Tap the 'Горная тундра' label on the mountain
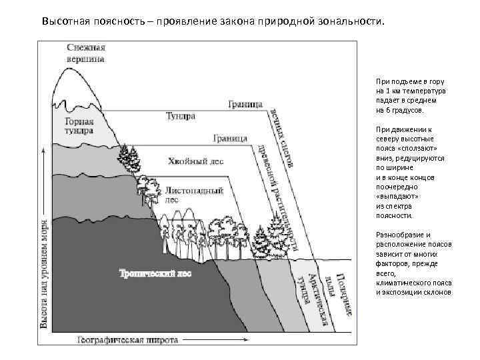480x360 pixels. coord(83,127)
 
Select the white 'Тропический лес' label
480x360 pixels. coord(147,273)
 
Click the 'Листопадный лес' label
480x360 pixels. coord(193,193)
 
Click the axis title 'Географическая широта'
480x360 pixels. coord(127,339)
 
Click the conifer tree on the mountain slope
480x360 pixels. coord(129,157)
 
